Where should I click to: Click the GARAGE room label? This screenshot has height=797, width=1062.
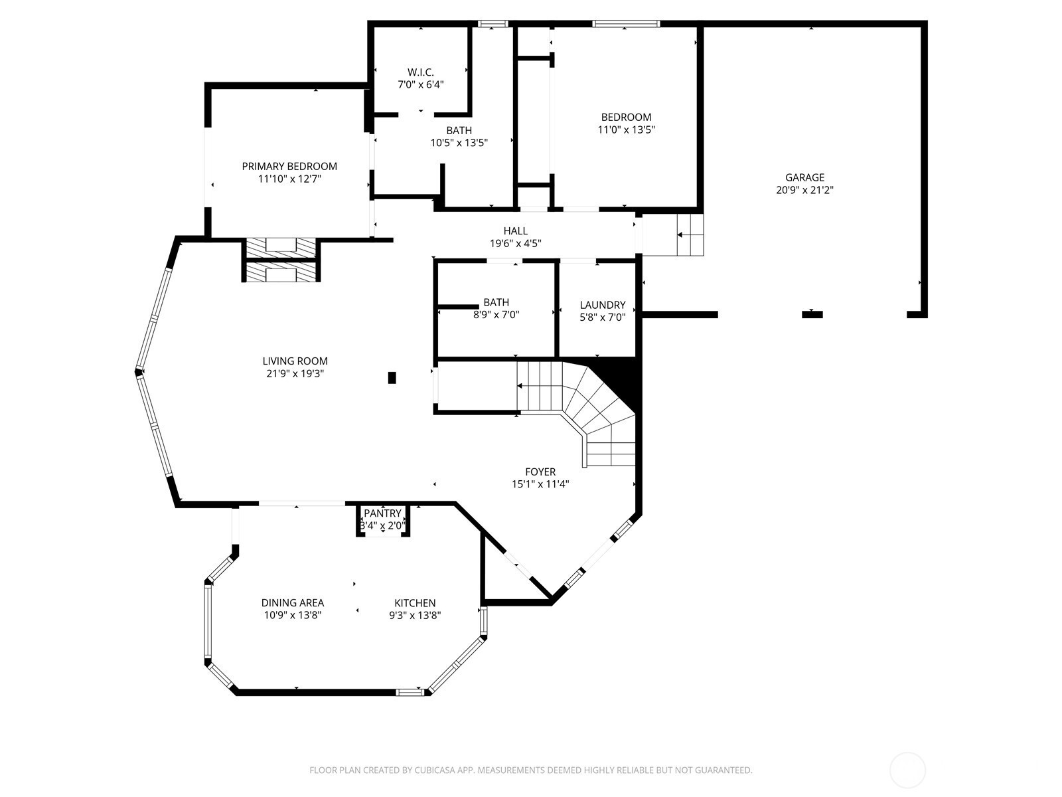[804, 177]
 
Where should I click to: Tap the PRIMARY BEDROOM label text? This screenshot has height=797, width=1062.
[289, 167]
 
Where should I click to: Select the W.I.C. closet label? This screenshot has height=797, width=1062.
[420, 72]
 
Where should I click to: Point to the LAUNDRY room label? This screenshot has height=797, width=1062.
[603, 305]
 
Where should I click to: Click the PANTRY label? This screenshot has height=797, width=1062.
[383, 513]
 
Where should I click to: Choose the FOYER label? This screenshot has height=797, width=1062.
[540, 472]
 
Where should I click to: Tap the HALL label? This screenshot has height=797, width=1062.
[515, 231]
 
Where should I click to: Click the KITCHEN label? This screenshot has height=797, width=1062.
[415, 603]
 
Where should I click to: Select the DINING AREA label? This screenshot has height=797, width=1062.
[293, 603]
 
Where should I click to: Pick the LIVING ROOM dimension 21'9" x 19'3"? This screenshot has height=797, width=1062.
[295, 373]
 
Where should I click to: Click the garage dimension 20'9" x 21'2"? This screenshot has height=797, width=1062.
[804, 190]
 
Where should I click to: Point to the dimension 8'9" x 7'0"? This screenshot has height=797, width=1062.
[496, 315]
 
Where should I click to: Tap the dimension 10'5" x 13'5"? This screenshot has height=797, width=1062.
[459, 143]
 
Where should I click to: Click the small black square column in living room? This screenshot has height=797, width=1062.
[392, 377]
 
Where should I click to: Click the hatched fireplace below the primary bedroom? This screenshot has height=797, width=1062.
[281, 260]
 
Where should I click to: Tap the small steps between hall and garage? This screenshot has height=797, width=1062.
[690, 234]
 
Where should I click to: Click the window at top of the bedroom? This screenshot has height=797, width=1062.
[626, 24]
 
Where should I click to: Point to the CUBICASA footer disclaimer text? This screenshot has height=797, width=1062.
[531, 770]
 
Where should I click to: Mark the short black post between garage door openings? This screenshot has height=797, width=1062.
[812, 315]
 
